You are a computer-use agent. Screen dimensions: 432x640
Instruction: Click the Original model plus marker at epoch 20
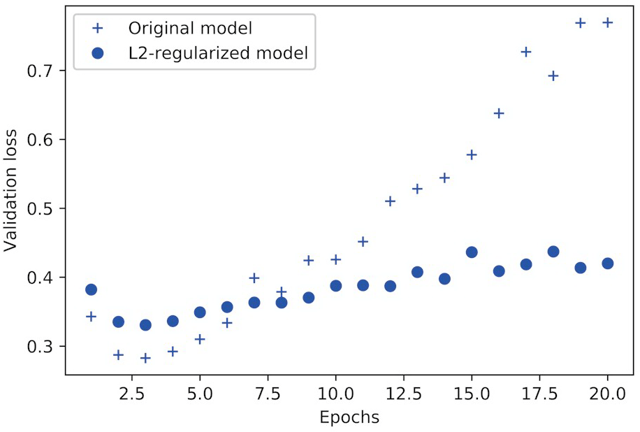tap(607, 22)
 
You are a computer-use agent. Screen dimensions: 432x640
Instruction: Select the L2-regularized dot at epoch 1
tap(91, 289)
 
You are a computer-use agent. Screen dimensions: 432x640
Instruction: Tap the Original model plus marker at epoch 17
tap(526, 52)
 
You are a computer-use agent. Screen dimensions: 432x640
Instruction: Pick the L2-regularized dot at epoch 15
tap(472, 252)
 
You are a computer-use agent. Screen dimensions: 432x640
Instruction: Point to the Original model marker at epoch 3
tap(145, 358)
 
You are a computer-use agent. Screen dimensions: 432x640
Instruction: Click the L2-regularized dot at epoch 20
tap(607, 264)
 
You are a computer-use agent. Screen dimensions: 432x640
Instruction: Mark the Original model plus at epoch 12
tap(390, 201)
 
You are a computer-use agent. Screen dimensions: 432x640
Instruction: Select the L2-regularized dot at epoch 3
tap(145, 325)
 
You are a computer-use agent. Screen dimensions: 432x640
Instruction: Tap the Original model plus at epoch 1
tap(91, 317)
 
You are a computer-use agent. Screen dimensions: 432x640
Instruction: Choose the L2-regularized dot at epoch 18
tap(553, 252)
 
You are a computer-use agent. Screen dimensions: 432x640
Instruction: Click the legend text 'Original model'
tap(189, 29)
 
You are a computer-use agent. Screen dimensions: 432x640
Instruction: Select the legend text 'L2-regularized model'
tap(217, 52)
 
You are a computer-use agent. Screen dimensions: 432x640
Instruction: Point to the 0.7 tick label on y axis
tap(42, 71)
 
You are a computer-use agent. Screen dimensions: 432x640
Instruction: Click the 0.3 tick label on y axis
tap(42, 347)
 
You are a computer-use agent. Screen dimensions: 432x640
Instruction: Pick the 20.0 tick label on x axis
tap(607, 394)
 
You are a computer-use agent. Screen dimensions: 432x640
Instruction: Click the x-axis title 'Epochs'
tap(349, 418)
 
